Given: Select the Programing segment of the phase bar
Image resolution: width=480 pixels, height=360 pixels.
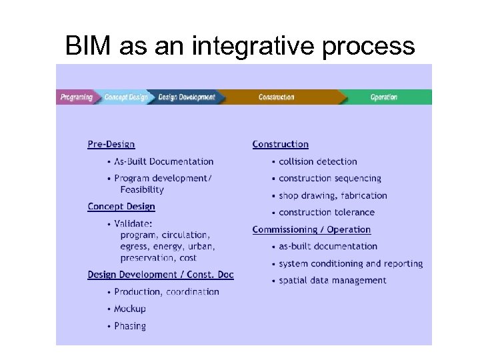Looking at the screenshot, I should coord(76,97).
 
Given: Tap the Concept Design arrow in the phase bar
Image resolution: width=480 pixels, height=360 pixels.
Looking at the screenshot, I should coord(125,97).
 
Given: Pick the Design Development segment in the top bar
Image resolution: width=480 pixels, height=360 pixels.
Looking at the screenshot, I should coord(187,97).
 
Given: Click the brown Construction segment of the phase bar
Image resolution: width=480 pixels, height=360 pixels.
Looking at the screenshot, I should coord(276,97).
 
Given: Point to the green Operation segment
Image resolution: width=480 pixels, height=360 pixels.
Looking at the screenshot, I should coord(383,97).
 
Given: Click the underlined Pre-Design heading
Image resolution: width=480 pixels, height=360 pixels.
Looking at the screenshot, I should coord(111,144).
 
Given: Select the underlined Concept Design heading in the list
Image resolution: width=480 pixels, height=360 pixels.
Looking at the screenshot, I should coord(121,207).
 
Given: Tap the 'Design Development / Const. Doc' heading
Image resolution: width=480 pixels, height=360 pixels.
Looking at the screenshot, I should coord(161,275).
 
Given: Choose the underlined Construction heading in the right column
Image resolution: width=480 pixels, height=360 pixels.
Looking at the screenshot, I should coord(280,144).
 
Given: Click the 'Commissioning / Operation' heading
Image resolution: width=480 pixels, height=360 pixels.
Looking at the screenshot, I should coord(311,229).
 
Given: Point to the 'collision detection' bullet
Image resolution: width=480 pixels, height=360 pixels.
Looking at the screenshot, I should coord(317,161).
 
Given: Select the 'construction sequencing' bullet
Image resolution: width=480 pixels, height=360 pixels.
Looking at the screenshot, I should coord(330,179).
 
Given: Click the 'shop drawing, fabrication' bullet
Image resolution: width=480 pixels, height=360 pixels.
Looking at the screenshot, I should coord(333,195).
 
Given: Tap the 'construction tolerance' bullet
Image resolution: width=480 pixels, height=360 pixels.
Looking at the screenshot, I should coord(327,213).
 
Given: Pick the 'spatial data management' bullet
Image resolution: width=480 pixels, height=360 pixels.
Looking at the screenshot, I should coord(333,281).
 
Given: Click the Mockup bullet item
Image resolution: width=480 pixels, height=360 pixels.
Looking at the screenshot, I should coord(129,309).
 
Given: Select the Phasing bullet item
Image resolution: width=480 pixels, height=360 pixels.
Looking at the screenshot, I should coord(129,326).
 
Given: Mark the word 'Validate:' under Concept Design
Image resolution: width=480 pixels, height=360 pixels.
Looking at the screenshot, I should coord(133,224).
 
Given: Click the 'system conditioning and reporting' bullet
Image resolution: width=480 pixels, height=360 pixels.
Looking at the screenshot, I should coord(351,264).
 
